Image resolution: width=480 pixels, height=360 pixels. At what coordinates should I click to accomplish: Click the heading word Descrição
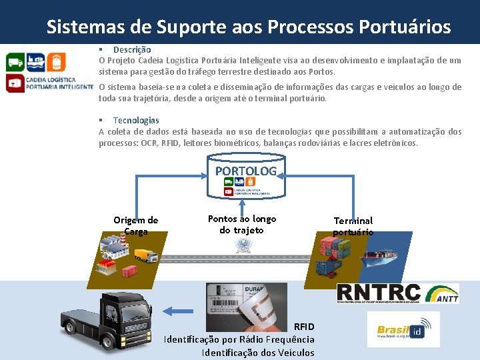coord(132,49)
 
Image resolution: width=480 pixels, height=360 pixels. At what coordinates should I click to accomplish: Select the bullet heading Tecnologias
coord(136,120)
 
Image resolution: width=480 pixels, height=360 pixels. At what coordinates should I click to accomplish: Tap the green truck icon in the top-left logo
coord(15,62)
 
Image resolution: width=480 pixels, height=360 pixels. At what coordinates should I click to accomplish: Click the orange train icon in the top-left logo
coord(58,62)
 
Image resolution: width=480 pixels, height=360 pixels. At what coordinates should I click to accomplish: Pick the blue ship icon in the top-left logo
coord(36,62)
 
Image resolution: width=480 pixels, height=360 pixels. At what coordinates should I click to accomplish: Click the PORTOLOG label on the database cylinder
coord(245,171)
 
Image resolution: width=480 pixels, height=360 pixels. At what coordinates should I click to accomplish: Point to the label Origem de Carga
coord(135,225)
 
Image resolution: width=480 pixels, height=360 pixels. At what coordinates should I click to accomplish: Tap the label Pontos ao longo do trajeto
coord(242,224)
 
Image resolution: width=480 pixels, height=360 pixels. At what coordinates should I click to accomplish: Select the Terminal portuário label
coord(353,226)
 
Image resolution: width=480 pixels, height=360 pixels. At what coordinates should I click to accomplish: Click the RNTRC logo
coord(379,293)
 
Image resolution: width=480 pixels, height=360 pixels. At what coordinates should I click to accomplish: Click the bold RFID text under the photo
coord(304,326)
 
